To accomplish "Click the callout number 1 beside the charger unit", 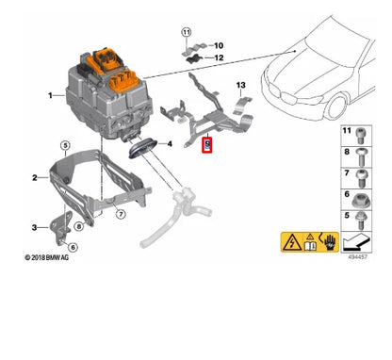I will coord(37,96).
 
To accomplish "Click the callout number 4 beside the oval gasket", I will coord(169,144).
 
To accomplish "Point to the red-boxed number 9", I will coord(208,144).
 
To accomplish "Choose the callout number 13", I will coord(240,86).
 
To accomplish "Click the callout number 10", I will coord(219,45).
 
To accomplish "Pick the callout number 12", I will coord(219,59).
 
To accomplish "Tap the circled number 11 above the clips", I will coord(186,33).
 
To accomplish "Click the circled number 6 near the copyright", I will coord(73,247).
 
